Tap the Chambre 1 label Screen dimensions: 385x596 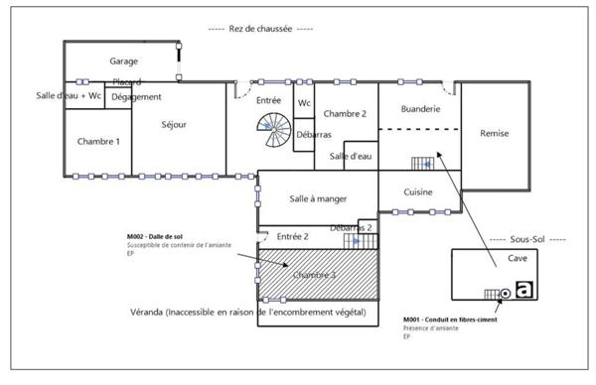click(98, 142)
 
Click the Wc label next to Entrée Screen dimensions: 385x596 click(305, 102)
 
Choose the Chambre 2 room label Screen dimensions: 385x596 click(345, 114)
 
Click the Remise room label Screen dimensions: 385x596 click(495, 133)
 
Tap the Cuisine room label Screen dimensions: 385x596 click(418, 192)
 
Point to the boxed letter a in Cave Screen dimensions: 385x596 click(525, 291)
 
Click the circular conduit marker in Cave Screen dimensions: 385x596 click(506, 293)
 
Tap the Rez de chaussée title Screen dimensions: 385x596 click(249, 30)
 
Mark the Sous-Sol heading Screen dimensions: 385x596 click(528, 240)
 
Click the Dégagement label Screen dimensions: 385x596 click(136, 96)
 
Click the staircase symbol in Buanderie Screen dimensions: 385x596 click(424, 163)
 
